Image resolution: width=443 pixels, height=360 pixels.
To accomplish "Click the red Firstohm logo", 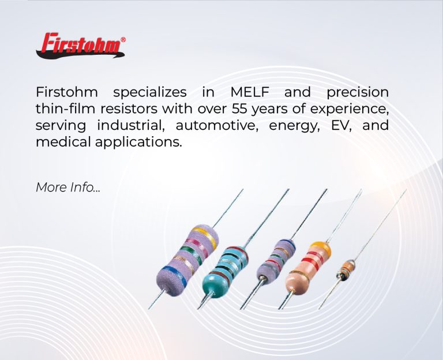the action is click(x=81, y=46).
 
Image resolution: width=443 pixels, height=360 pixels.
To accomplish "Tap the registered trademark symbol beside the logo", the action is click(x=123, y=40).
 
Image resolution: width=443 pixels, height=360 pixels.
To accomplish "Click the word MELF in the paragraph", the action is click(x=249, y=92).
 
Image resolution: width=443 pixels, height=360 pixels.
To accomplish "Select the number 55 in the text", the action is click(x=239, y=108).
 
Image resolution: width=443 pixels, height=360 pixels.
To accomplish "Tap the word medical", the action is click(x=63, y=141).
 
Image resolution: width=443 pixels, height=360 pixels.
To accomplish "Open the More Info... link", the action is click(x=68, y=187).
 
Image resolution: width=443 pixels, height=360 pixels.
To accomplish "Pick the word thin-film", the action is click(x=65, y=108).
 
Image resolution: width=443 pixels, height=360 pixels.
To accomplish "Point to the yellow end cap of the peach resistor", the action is click(x=321, y=247).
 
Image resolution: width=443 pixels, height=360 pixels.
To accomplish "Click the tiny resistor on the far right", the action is click(x=346, y=270).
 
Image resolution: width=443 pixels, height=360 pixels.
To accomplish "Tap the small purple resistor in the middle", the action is click(x=276, y=261).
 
